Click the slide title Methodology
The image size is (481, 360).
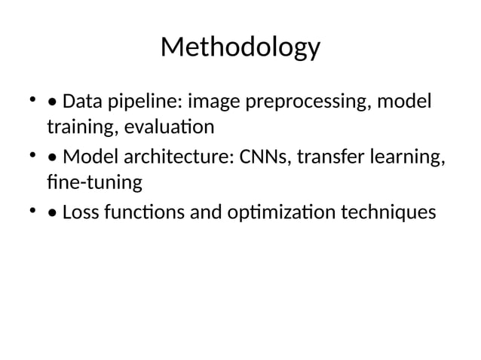point(240,48)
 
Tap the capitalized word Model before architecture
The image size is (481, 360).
point(87,157)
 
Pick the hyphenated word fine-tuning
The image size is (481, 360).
point(93,183)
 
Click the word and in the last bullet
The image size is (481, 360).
point(205,213)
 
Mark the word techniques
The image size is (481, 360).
point(388,213)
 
